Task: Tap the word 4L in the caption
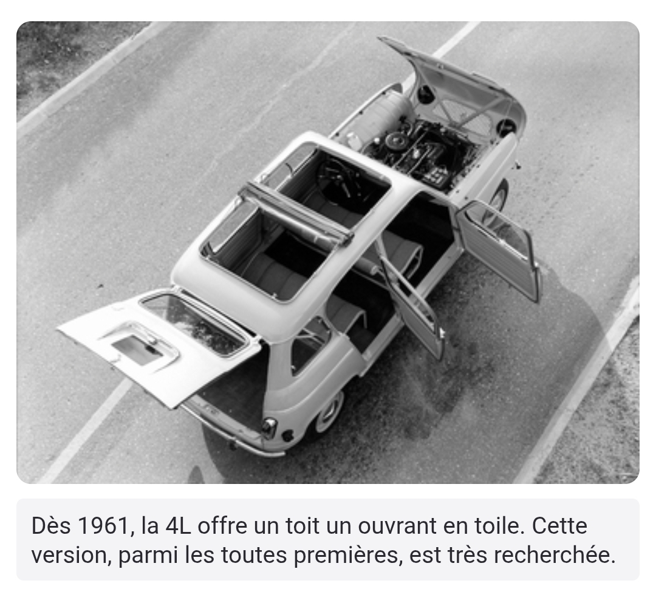click(x=178, y=526)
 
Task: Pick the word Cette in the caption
click(x=560, y=526)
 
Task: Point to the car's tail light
click(x=268, y=426)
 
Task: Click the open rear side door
click(x=412, y=301)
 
